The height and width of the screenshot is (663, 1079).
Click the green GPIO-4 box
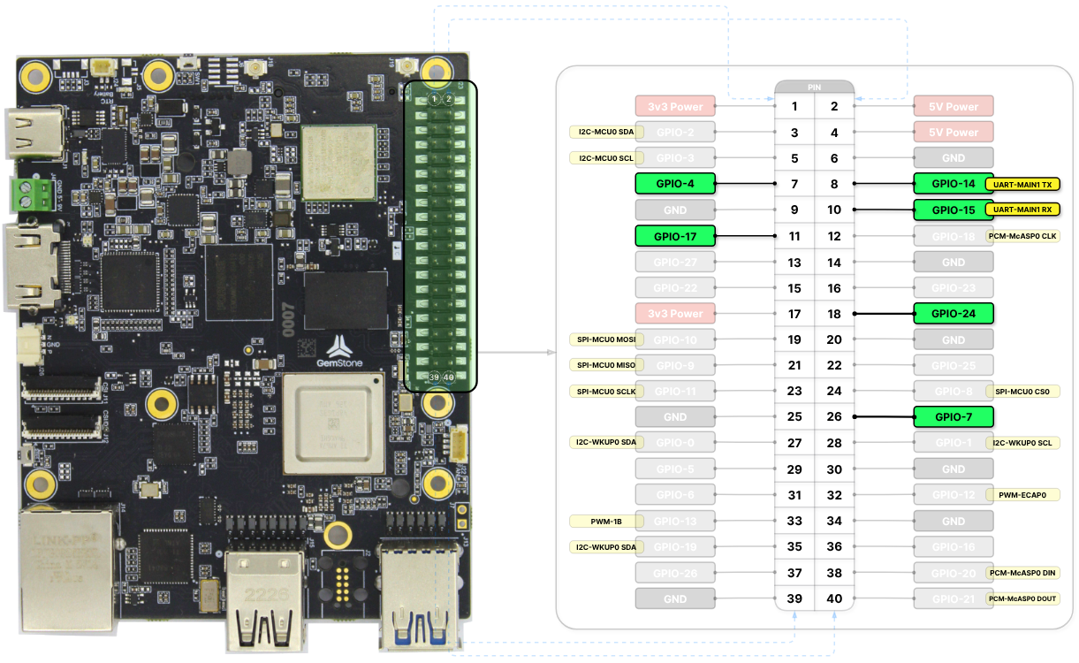pyautogui.click(x=674, y=184)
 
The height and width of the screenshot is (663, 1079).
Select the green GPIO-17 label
pyautogui.click(x=674, y=236)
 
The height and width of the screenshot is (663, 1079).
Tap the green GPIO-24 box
pyautogui.click(x=954, y=313)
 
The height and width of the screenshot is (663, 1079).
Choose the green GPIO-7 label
pyautogui.click(x=954, y=416)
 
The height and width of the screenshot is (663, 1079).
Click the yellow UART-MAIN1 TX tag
pyautogui.click(x=1022, y=185)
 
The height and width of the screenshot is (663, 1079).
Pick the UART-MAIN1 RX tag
pyautogui.click(x=1022, y=210)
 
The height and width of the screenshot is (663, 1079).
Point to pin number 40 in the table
pyautogui.click(x=834, y=598)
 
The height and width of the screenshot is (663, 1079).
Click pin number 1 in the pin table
pyautogui.click(x=794, y=107)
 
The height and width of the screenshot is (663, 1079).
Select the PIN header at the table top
pyautogui.click(x=814, y=88)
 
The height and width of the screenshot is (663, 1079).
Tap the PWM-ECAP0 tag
pyautogui.click(x=1022, y=495)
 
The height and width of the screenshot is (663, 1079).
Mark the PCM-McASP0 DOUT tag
pyautogui.click(x=1022, y=598)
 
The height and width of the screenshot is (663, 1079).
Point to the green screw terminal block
pyautogui.click(x=29, y=194)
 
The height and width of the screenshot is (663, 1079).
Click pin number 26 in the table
pyautogui.click(x=834, y=416)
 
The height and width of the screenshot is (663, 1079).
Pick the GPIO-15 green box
pyautogui.click(x=954, y=210)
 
